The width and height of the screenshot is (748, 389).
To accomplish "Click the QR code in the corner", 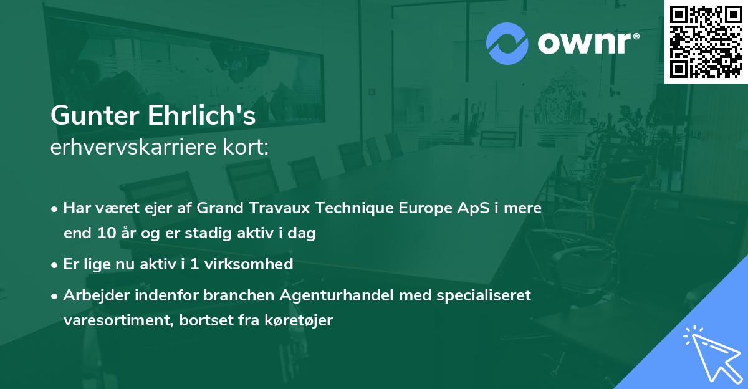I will (x=706, y=42).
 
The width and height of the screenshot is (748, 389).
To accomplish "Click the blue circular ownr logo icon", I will (x=507, y=43).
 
